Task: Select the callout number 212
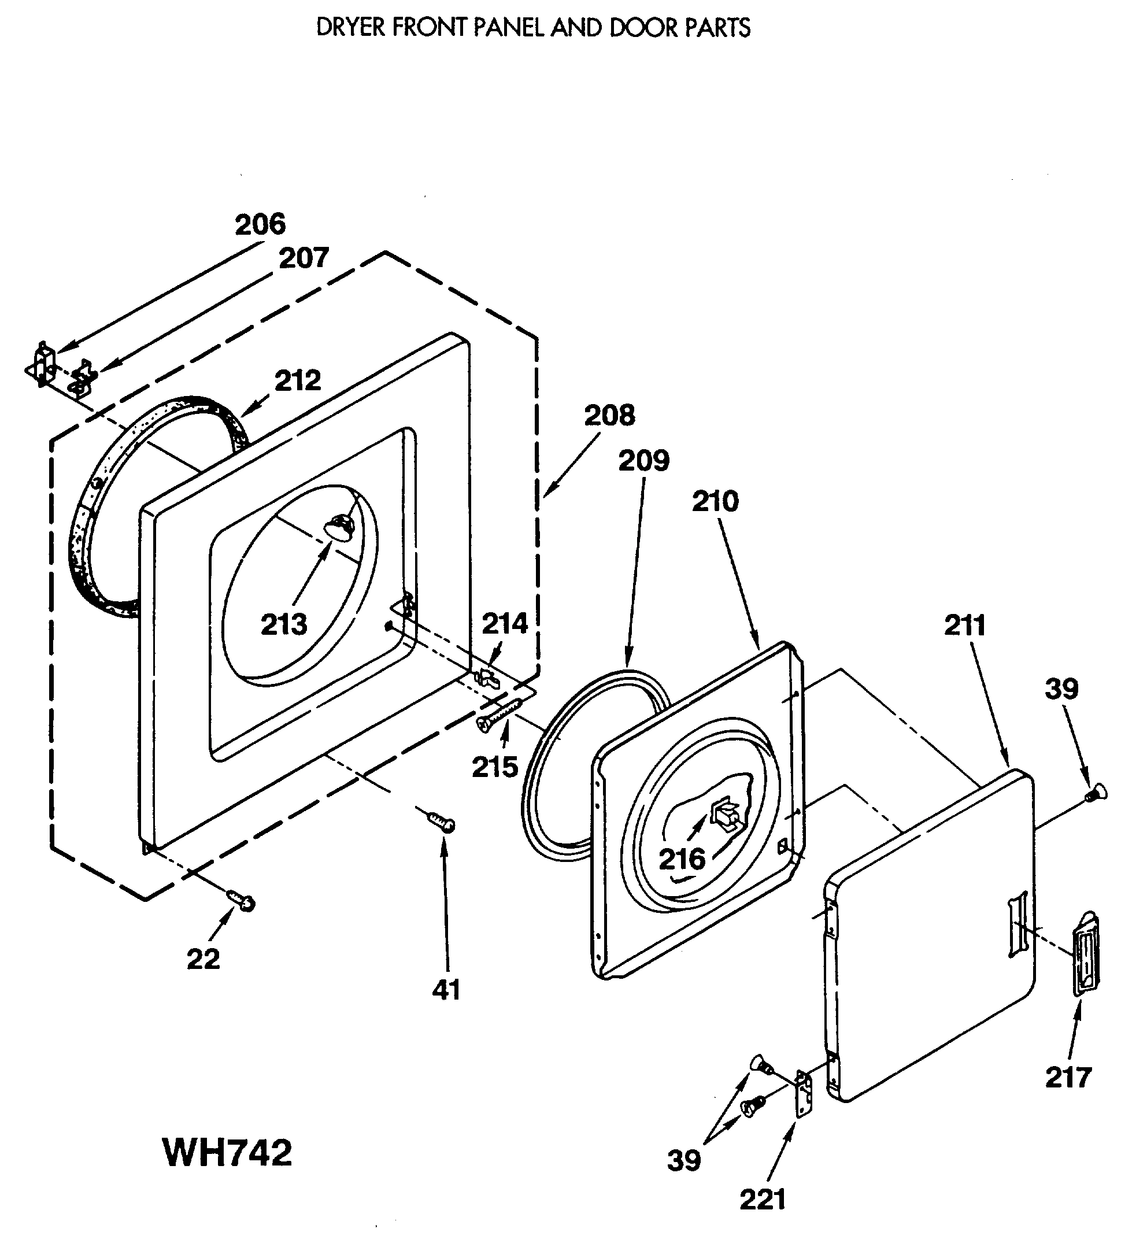pos(298,380)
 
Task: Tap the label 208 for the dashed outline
pos(609,415)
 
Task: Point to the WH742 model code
pos(227,1153)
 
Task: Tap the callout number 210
pos(715,502)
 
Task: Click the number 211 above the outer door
pos(965,626)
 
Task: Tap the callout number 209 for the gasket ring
pos(643,461)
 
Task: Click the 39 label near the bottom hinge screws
pos(684,1161)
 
